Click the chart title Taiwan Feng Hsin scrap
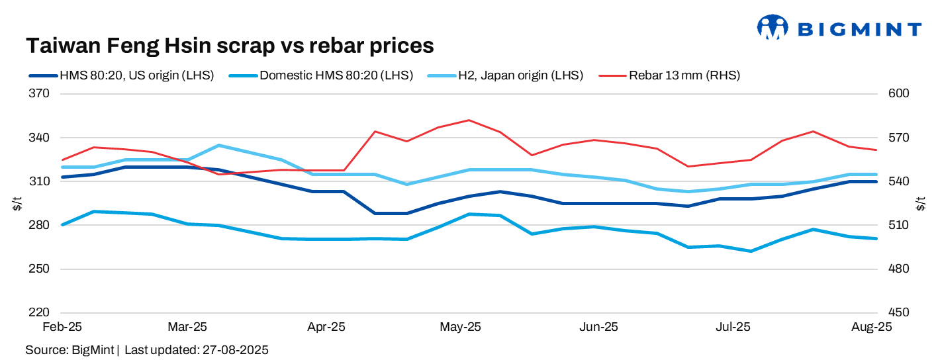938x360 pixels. coord(229,46)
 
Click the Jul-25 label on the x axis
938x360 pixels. coord(733,327)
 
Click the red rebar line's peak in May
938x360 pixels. coord(469,120)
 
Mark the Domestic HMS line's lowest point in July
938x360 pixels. coord(751,251)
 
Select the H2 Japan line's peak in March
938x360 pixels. coord(219,145)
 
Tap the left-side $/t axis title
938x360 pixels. coord(17,204)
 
